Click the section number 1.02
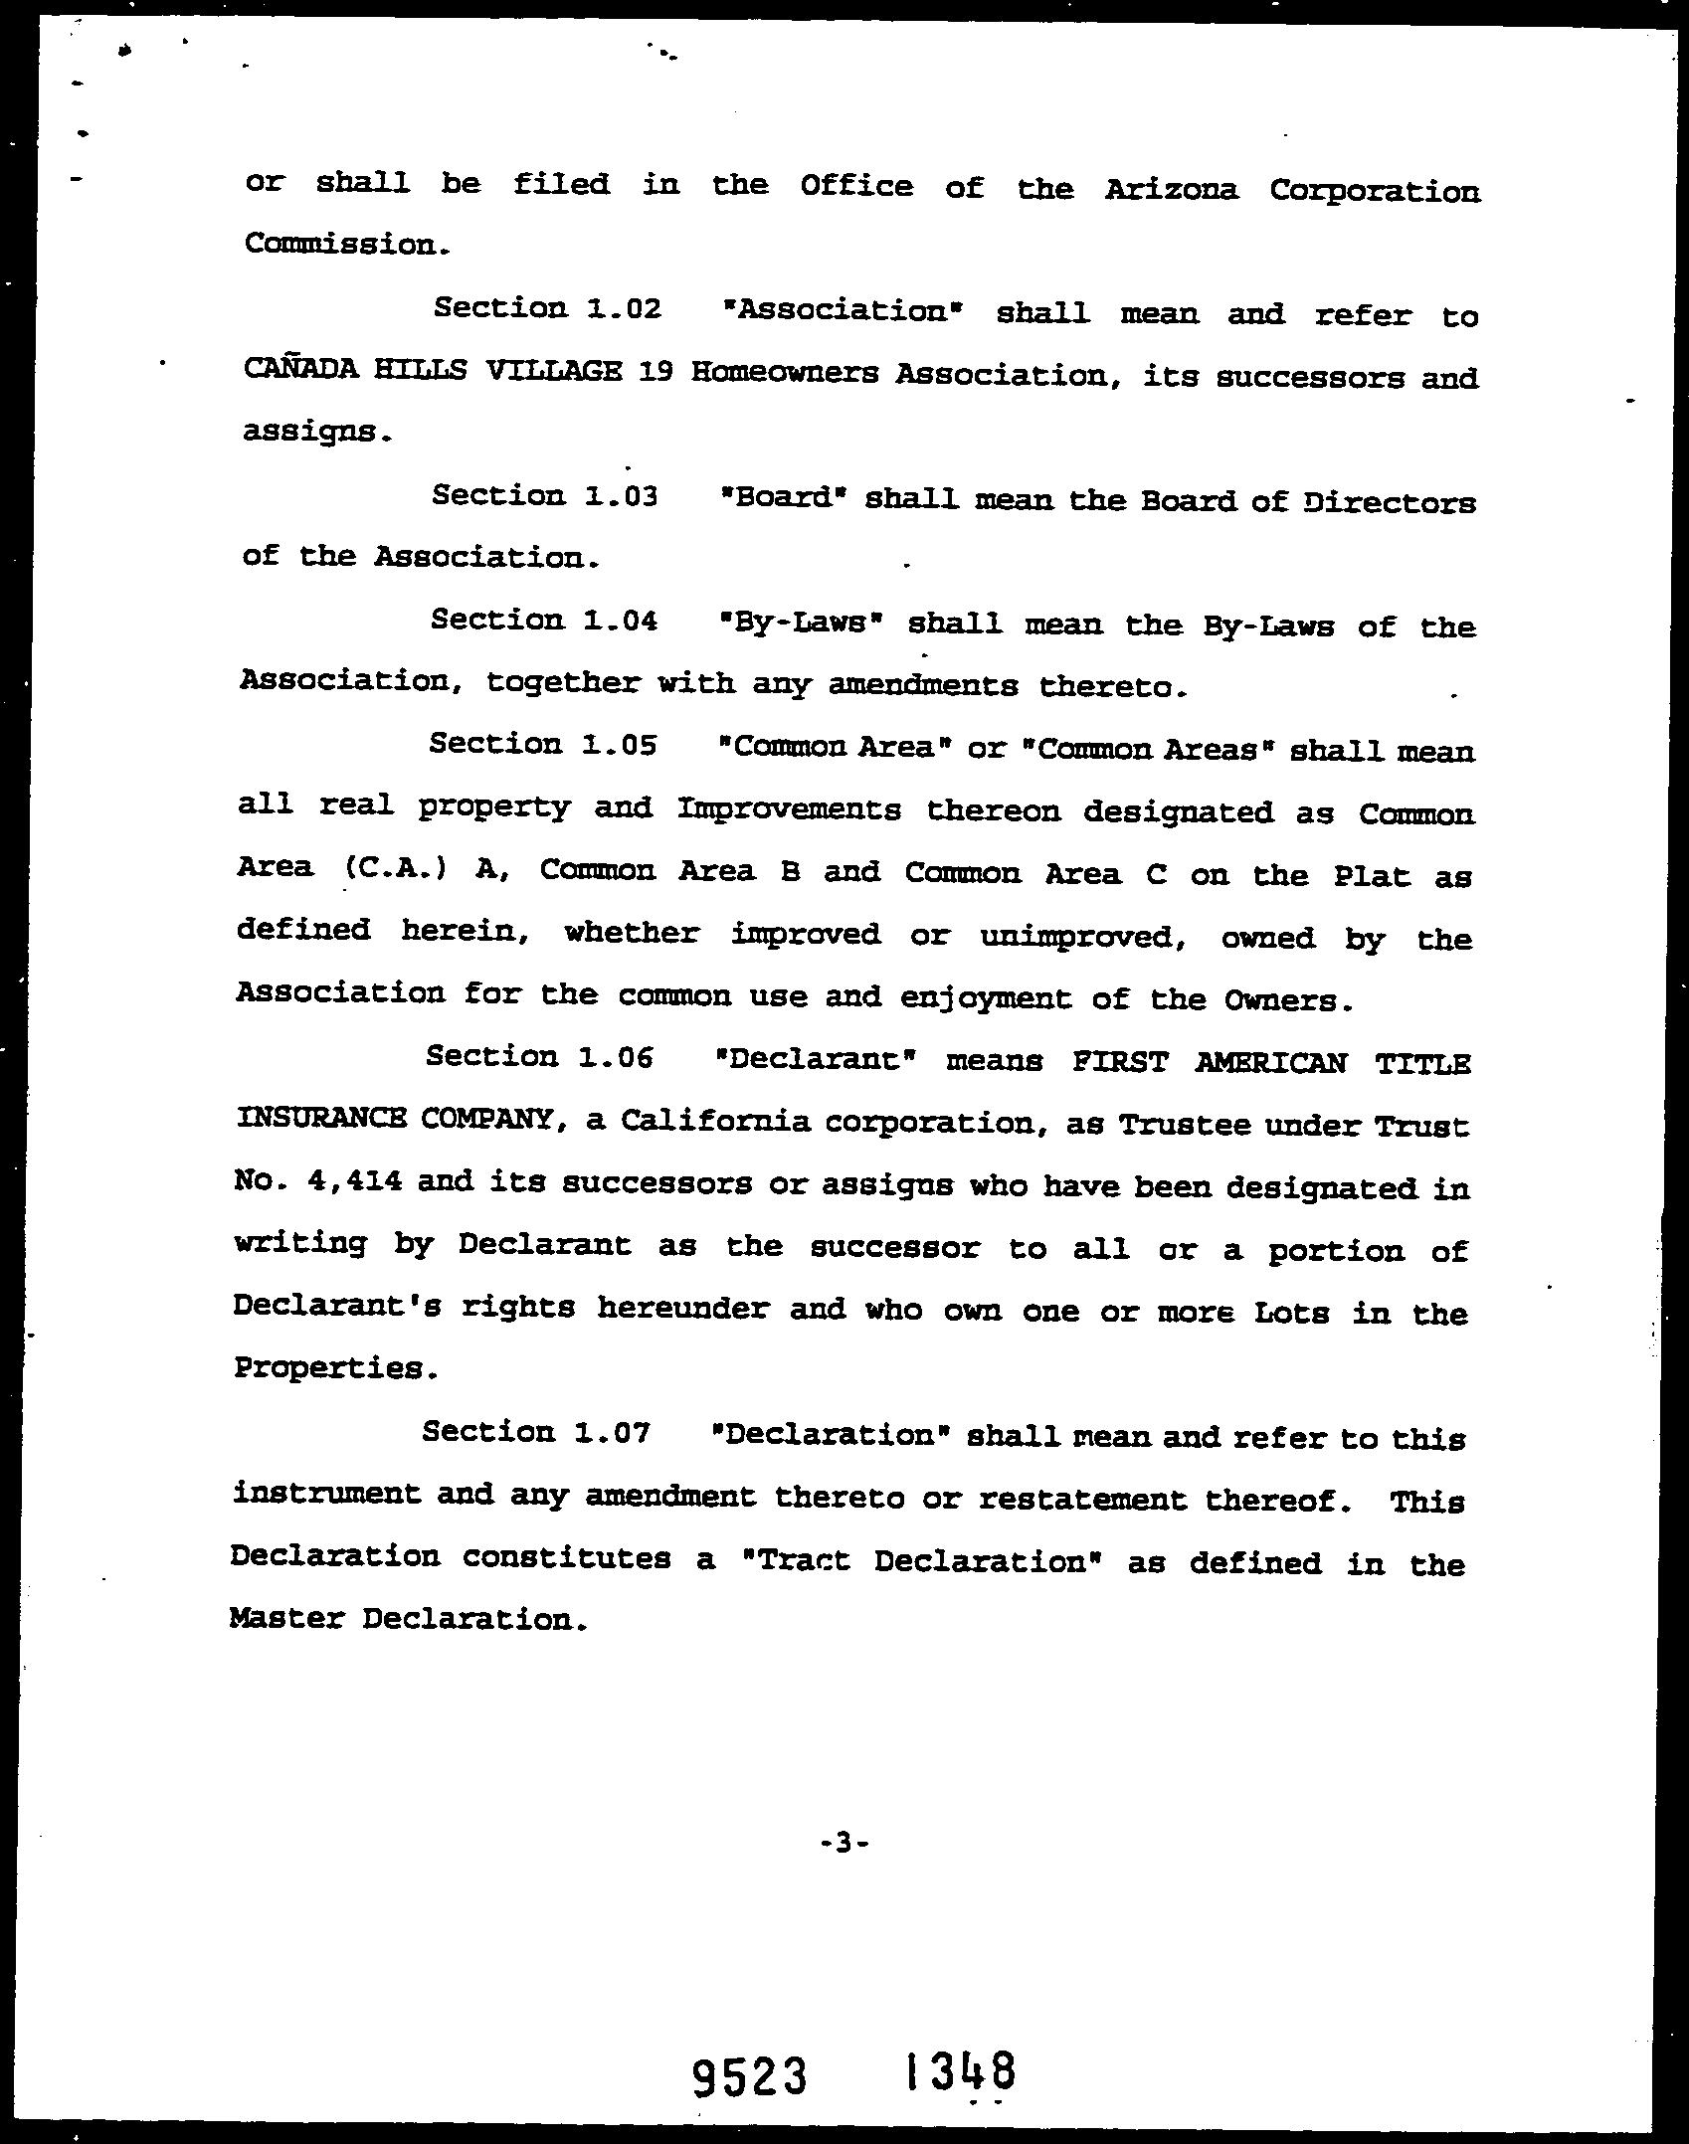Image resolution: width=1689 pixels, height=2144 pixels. click(x=624, y=308)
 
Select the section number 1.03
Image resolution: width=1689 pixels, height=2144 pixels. click(x=622, y=495)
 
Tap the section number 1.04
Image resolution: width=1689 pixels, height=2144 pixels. click(x=621, y=621)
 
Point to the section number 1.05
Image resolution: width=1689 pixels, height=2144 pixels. click(x=619, y=744)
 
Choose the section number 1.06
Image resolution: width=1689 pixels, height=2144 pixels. click(x=616, y=1056)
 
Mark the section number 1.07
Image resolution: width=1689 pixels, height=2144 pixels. click(x=613, y=1432)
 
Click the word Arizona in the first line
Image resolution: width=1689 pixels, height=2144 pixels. click(x=1171, y=189)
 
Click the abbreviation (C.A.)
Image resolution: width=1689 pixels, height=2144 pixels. click(x=395, y=867)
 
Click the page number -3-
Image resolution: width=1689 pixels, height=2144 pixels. click(x=844, y=1843)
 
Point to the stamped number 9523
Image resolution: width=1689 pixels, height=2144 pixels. click(x=748, y=2078)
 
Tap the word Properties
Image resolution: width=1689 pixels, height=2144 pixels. click(x=334, y=1368)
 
